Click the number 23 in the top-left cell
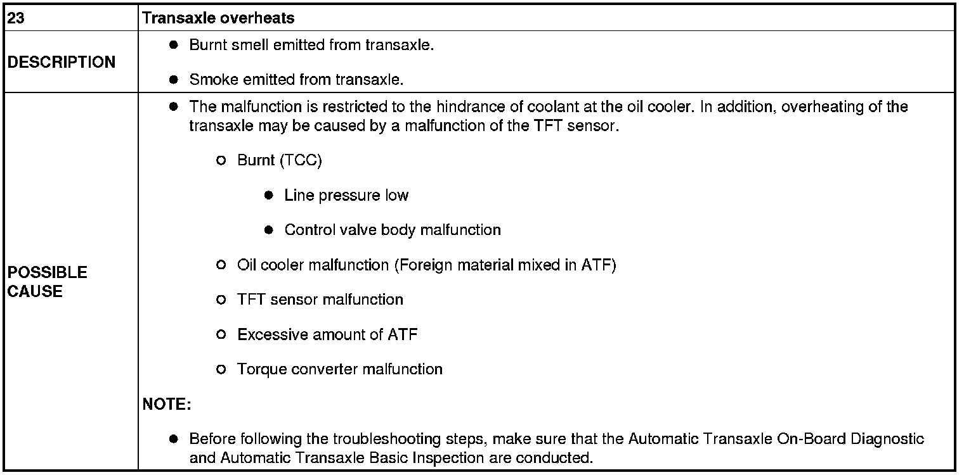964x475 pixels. (16, 18)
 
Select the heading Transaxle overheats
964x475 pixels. (219, 18)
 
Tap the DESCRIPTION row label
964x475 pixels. (62, 62)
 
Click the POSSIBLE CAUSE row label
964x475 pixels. (48, 282)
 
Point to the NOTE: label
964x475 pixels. (167, 404)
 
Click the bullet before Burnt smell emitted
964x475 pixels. (173, 46)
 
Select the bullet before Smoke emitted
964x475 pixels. (173, 80)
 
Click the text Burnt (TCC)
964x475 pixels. (280, 160)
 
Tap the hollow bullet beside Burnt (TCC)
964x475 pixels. (221, 161)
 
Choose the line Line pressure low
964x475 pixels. (346, 195)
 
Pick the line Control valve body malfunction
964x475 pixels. (393, 229)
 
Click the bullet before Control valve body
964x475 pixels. (268, 230)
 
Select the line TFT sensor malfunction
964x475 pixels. (320, 299)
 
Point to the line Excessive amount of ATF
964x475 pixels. (327, 334)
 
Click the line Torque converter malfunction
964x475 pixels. (339, 369)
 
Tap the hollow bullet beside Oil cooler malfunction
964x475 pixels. (221, 265)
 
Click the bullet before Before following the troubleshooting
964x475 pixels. (173, 439)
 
